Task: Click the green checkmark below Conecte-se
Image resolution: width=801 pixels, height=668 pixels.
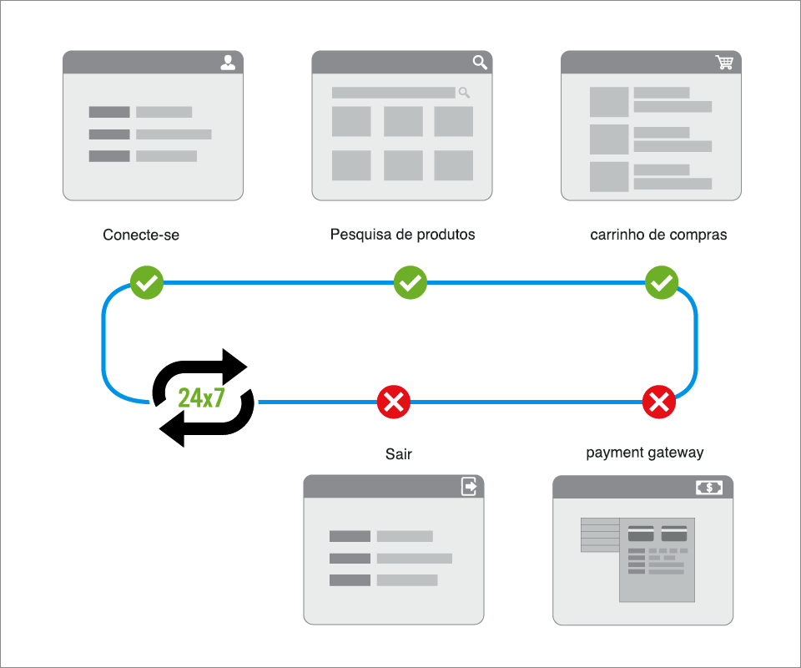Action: pos(147,284)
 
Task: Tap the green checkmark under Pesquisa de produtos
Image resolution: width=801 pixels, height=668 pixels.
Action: pos(410,283)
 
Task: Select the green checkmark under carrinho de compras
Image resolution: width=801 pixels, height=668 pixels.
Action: pos(662,283)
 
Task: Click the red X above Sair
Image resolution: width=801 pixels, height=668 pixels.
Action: pos(394,402)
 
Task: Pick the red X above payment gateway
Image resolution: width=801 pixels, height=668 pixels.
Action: pos(658,402)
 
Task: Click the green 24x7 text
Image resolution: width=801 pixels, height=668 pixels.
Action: pos(202,398)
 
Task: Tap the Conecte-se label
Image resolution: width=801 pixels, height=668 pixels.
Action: pos(141,235)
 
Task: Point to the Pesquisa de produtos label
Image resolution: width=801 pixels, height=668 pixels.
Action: pos(402,235)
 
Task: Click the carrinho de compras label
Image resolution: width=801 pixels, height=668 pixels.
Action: pos(658,235)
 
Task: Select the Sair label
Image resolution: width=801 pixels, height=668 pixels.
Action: pos(399,455)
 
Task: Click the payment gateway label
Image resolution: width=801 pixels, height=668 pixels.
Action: pos(644,453)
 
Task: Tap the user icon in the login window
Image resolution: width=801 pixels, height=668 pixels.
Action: pos(228,63)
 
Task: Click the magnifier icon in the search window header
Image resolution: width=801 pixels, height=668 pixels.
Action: pos(480,63)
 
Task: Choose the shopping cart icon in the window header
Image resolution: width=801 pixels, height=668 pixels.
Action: pos(724,63)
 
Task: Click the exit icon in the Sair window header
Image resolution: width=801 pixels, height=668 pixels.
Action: pos(470,487)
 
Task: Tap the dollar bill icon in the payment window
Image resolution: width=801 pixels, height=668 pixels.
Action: pos(709,488)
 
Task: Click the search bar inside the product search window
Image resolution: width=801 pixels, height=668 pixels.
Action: pos(393,93)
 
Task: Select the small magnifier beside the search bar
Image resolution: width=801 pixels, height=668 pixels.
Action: pos(464,93)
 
